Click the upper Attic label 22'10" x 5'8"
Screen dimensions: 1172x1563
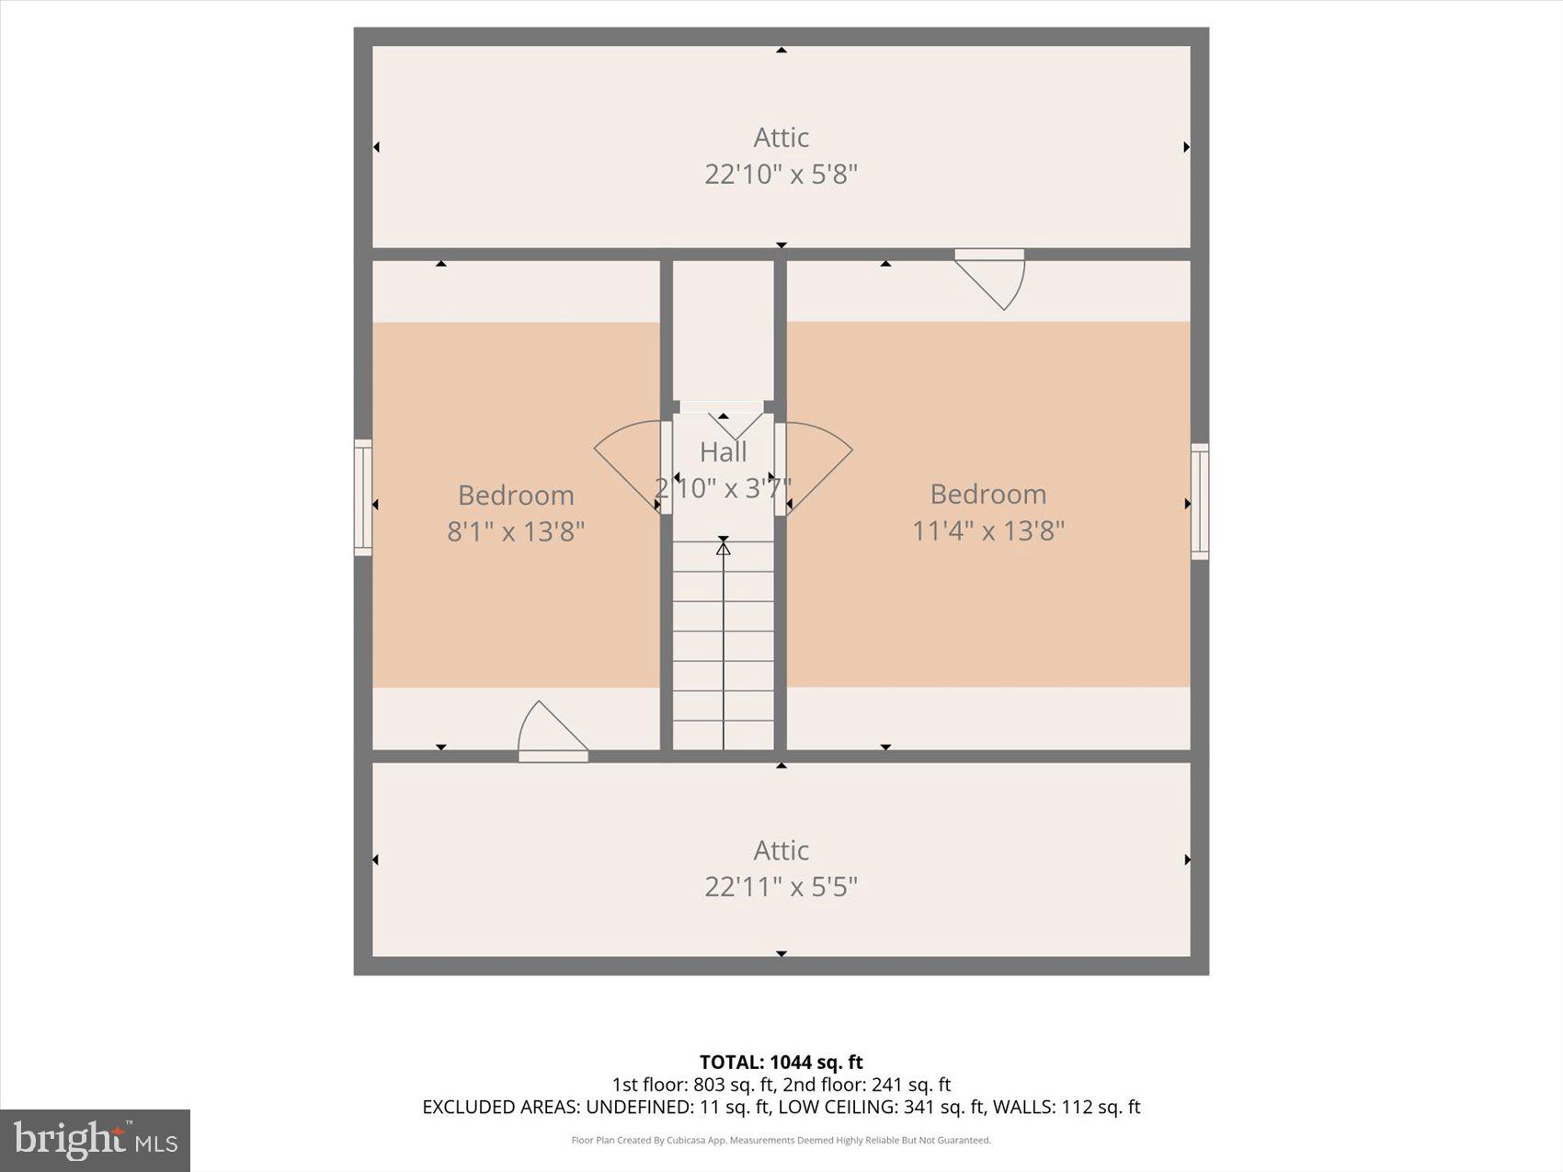point(781,173)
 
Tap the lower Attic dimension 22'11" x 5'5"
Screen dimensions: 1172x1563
point(781,886)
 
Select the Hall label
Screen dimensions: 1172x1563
point(724,451)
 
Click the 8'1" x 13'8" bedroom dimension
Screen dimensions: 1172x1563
point(516,530)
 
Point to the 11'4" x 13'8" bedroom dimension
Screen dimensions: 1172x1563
point(987,530)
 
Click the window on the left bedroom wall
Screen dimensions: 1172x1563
point(363,497)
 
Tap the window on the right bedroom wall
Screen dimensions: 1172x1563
point(1200,501)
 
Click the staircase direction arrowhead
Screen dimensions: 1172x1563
point(724,549)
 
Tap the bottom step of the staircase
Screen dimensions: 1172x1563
point(724,734)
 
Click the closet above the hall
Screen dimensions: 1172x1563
point(724,331)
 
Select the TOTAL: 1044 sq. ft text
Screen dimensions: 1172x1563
point(781,1063)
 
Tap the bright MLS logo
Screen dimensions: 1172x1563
point(96,1141)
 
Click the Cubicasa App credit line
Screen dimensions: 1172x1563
point(781,1141)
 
